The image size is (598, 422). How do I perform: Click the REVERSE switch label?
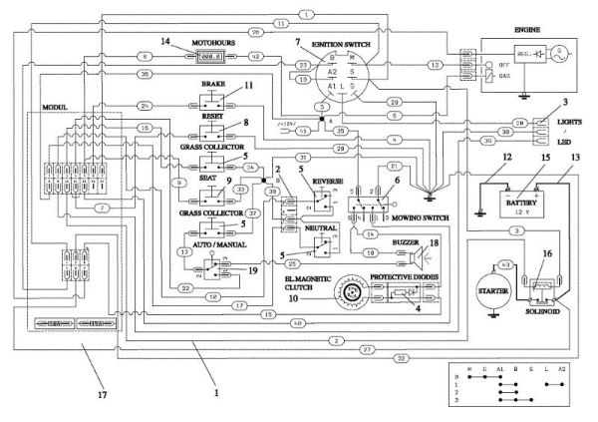330,182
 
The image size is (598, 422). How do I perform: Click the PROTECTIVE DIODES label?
404,274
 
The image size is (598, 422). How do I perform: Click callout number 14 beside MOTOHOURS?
166,40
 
